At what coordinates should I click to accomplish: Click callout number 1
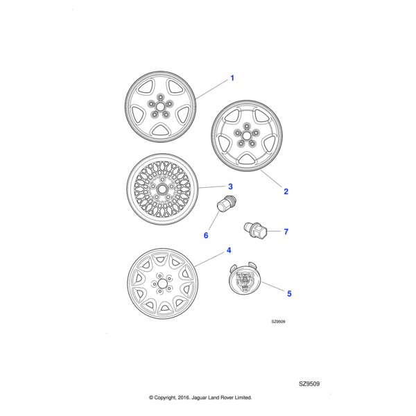pos(232,78)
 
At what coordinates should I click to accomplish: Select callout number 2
pos(286,191)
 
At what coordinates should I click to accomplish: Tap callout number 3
pos(229,187)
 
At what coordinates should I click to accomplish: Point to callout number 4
pos(229,250)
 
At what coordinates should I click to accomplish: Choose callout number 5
pos(289,294)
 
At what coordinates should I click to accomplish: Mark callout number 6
pos(206,236)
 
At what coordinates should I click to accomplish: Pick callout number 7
pos(285,232)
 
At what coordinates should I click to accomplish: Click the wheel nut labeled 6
pos(225,205)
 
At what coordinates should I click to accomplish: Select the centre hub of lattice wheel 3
pos(164,189)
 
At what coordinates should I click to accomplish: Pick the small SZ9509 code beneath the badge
pos(278,322)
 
